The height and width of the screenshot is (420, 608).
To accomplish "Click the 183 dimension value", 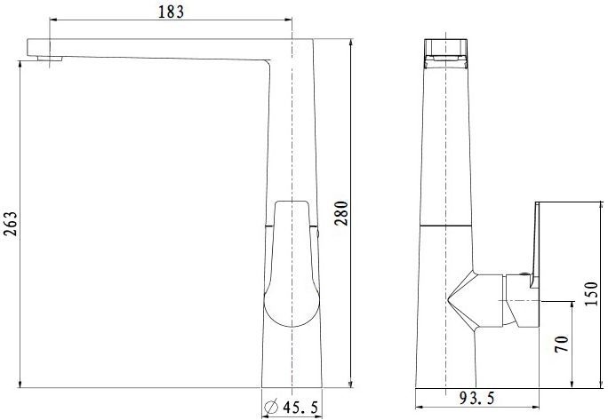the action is click(x=171, y=12).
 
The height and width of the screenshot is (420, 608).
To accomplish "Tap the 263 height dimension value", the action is click(x=11, y=224).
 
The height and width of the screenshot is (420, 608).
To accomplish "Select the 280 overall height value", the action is click(x=342, y=213).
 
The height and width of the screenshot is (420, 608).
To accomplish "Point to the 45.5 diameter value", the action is click(x=300, y=408).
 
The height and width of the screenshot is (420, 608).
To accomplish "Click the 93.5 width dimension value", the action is click(x=477, y=398).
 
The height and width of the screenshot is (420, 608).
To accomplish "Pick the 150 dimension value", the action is click(x=592, y=294).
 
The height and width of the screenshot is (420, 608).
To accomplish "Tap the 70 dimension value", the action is click(x=562, y=344).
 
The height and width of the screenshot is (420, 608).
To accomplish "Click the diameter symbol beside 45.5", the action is click(x=271, y=407).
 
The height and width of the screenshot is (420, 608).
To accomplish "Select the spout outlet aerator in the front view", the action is click(x=50, y=59).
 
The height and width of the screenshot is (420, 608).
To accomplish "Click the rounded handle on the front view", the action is click(x=291, y=264).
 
